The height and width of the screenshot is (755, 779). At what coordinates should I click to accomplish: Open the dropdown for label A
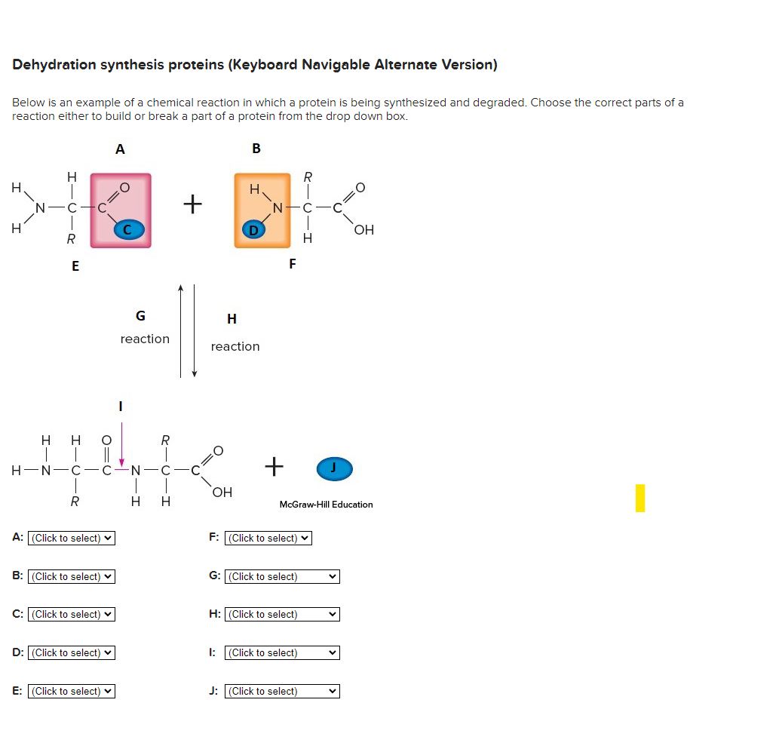tap(72, 538)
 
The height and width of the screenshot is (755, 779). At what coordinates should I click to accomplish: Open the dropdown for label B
tap(72, 576)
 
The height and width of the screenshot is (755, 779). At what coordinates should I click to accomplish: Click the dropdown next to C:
tap(72, 614)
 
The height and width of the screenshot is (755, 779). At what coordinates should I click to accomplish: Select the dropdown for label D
tap(72, 652)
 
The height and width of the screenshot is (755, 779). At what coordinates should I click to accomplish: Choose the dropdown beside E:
tap(72, 691)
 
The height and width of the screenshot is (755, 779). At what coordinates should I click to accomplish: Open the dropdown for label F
tap(268, 538)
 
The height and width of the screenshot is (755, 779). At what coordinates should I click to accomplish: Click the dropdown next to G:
tap(282, 576)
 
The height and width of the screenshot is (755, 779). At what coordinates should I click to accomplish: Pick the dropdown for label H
tap(282, 614)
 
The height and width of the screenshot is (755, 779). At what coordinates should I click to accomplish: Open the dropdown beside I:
tap(282, 652)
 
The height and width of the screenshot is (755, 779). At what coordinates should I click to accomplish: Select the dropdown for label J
tap(282, 691)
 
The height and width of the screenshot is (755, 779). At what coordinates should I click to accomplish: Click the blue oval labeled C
tap(127, 229)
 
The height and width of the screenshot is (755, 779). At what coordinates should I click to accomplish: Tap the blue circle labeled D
tap(253, 229)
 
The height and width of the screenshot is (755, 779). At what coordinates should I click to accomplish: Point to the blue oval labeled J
tap(334, 468)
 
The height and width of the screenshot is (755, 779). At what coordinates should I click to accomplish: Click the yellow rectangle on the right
tap(640, 498)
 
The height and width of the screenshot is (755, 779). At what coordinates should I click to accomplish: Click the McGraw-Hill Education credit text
tap(326, 505)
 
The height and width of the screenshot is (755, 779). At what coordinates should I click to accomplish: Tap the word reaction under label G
tap(145, 339)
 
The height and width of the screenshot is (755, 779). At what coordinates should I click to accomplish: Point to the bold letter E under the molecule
tap(75, 265)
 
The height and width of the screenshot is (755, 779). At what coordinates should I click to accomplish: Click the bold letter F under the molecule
tap(293, 264)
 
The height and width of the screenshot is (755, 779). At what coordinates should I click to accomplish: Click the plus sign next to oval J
tap(274, 467)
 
